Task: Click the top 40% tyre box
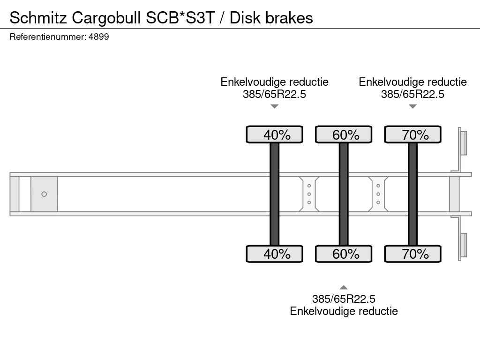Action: pyautogui.click(x=275, y=135)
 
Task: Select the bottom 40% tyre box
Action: pyautogui.click(x=275, y=254)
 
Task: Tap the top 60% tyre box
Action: pyautogui.click(x=344, y=135)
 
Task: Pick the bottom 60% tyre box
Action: pyautogui.click(x=344, y=254)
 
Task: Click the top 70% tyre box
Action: pyautogui.click(x=412, y=135)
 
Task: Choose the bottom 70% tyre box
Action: pyautogui.click(x=412, y=254)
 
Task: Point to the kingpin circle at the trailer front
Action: pyautogui.click(x=44, y=194)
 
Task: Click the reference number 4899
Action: pyautogui.click(x=98, y=37)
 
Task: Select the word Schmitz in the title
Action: pyautogui.click(x=38, y=18)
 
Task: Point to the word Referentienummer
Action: pyautogui.click(x=48, y=37)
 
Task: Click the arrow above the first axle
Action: pyautogui.click(x=275, y=106)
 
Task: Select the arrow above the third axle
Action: pyautogui.click(x=412, y=106)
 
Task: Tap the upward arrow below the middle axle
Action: pyautogui.click(x=344, y=287)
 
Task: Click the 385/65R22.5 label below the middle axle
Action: pyautogui.click(x=344, y=299)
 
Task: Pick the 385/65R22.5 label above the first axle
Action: pyautogui.click(x=274, y=94)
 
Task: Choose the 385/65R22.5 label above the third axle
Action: pyautogui.click(x=412, y=94)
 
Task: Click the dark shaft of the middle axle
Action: pyautogui.click(x=344, y=194)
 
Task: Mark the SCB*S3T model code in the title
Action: pyautogui.click(x=180, y=18)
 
